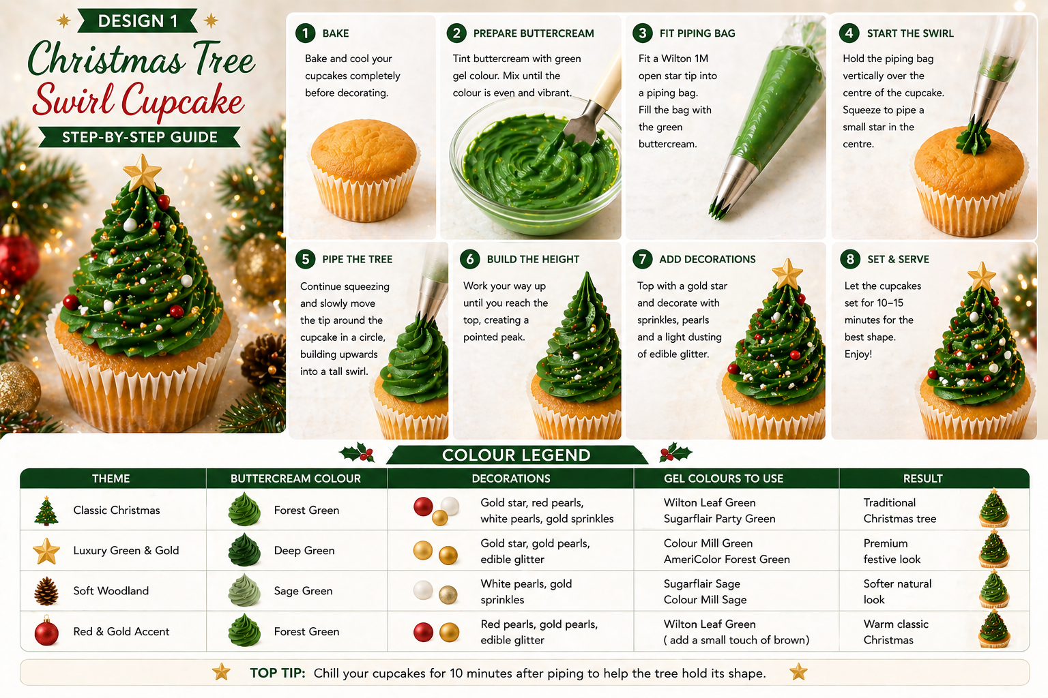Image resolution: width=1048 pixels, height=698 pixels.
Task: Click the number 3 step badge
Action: coord(642,33)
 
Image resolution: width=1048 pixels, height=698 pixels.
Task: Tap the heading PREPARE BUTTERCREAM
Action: coord(534,33)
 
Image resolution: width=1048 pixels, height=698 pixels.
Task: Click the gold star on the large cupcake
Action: coord(142,172)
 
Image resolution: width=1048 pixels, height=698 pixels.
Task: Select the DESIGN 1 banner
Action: coord(137,21)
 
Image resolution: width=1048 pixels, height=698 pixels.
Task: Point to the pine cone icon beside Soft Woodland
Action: coord(46,591)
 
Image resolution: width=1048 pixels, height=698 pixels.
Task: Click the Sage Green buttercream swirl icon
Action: coord(244,590)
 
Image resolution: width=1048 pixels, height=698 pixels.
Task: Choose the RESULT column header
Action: coord(922,479)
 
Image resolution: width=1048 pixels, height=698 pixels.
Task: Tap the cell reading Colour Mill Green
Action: coord(708,543)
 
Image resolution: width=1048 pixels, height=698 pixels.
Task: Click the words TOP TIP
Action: coord(278,673)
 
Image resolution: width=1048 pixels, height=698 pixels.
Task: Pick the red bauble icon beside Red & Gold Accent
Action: coord(46,631)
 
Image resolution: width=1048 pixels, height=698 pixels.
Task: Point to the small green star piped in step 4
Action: coord(974,135)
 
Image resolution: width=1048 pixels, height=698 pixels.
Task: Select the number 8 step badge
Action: coord(850,259)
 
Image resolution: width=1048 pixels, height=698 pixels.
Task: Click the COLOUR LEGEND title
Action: coord(516,455)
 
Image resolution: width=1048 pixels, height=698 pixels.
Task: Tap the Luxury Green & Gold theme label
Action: coord(126,551)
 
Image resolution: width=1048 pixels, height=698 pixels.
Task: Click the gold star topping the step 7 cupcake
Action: coord(787,274)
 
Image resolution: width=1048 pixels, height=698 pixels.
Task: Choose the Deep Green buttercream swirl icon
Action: coord(244,550)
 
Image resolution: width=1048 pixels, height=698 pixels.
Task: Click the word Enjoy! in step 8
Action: coord(858,354)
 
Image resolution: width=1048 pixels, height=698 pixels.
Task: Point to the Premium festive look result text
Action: coord(892,551)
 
